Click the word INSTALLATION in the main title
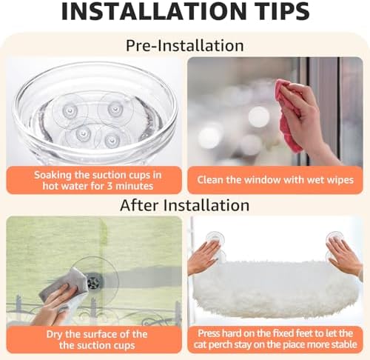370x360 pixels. point(152,11)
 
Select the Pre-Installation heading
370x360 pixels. point(185,45)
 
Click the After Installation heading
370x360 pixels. point(184,205)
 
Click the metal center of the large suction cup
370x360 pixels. point(92,281)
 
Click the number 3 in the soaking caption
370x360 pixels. point(110,186)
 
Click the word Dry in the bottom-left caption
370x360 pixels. point(55,334)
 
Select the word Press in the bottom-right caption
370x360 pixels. point(209,333)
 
